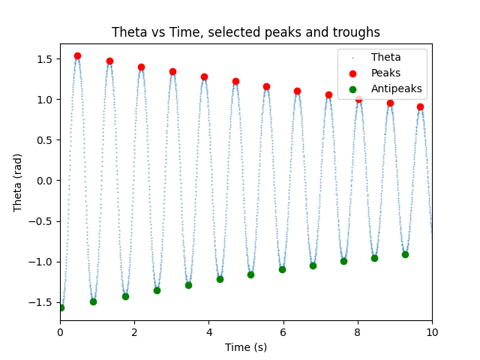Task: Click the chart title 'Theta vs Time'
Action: pos(245,32)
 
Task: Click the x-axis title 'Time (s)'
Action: pos(245,347)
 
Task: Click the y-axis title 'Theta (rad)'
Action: pos(18,180)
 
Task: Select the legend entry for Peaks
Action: pos(385,73)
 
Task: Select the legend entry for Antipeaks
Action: pos(396,88)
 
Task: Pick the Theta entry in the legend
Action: pos(385,57)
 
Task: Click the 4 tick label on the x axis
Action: pos(208,333)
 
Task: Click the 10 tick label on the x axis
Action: pos(432,333)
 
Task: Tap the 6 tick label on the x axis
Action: pos(283,333)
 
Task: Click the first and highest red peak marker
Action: pos(77,55)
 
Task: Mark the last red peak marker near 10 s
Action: pos(420,106)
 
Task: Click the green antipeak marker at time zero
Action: pos(61,307)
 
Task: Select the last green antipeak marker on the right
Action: pos(405,254)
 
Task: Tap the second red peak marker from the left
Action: pos(109,61)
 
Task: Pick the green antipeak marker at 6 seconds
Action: pos(282,269)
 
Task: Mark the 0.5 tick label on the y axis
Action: pos(46,139)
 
